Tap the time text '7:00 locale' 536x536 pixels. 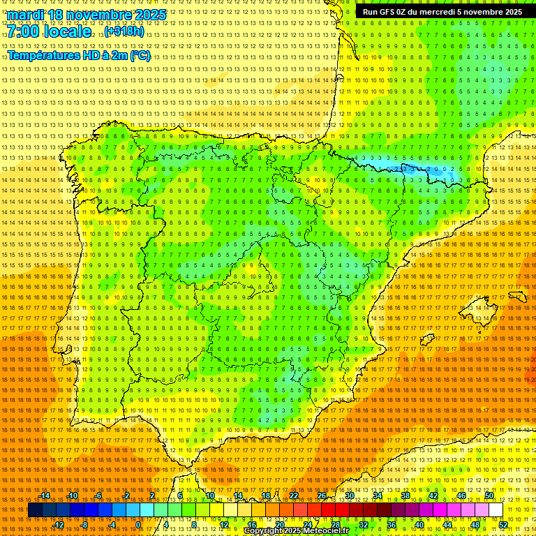pos(49,32)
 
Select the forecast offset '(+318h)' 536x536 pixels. pos(124,32)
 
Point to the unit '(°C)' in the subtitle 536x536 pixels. pos(139,55)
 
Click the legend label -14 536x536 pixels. pos(45,496)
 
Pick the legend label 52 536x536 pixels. pos(503,525)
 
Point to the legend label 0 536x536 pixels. pos(138,525)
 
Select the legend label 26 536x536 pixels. pos(321,496)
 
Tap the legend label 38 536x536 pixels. pos(405,496)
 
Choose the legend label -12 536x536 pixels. pos(59,525)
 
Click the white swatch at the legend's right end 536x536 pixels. pos(496,510)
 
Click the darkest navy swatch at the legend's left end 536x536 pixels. pos(35,510)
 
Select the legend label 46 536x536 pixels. pos(461,496)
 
